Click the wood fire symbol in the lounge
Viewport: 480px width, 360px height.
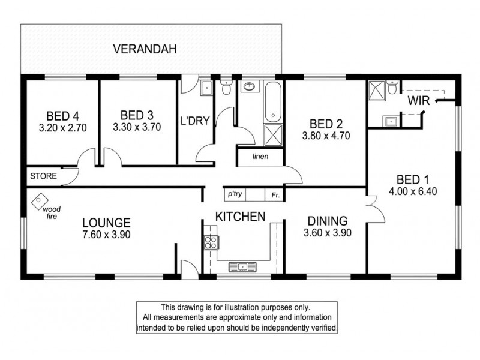click(38, 199)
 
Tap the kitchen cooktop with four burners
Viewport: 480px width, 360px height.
click(211, 242)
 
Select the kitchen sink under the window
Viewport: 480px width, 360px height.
click(243, 266)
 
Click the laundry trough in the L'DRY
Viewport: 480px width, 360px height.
click(205, 88)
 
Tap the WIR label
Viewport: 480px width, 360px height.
click(418, 101)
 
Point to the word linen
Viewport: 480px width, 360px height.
click(260, 157)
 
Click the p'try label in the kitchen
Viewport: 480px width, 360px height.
click(234, 194)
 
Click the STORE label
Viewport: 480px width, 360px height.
click(43, 176)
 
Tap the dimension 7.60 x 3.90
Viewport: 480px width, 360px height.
click(107, 235)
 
